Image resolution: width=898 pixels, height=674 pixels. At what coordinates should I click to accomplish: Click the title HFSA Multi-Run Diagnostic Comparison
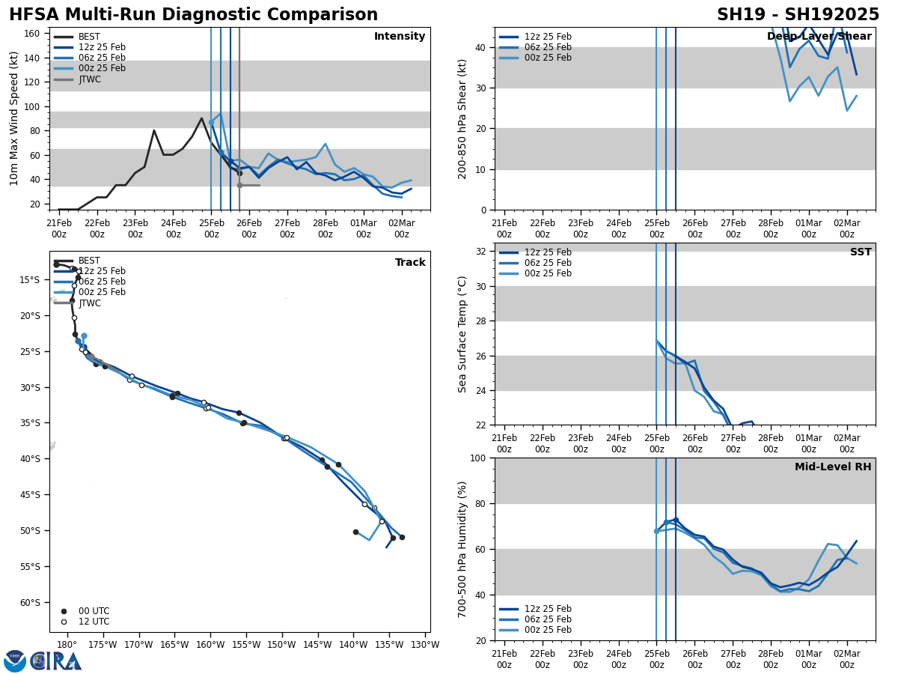193,15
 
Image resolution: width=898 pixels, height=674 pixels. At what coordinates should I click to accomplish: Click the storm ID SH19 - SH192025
798,15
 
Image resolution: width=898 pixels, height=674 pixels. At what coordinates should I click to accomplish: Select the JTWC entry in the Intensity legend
90,79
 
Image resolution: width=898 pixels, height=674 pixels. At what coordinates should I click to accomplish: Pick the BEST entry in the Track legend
89,261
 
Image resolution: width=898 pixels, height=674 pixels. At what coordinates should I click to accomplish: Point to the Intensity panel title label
400,37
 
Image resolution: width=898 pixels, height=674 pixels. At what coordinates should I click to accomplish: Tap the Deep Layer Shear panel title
819,37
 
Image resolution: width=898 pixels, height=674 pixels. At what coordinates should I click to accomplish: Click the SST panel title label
861,252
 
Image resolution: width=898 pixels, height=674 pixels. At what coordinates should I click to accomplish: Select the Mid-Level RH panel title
833,467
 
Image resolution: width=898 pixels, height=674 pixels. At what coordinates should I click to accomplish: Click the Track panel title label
410,263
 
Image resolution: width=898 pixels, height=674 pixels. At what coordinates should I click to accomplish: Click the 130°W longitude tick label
425,646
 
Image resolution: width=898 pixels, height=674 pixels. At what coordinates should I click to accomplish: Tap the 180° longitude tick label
67,646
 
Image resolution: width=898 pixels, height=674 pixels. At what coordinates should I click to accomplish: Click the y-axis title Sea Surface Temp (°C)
462,334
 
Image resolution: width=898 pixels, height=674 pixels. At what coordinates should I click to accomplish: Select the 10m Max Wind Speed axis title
14,118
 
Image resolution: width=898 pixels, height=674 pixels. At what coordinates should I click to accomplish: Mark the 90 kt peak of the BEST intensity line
201,118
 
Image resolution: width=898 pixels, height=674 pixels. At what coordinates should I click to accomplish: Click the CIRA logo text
55,661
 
